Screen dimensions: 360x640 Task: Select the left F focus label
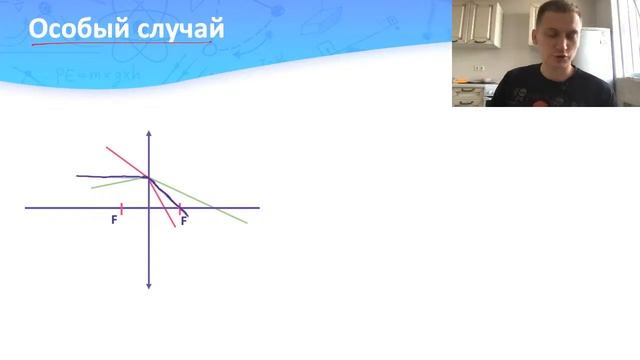[114, 220]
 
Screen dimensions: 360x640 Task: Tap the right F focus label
[184, 220]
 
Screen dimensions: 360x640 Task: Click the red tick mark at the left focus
[121, 208]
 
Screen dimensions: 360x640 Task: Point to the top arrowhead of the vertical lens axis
[148, 133]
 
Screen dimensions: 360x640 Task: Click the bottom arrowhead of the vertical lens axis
[148, 286]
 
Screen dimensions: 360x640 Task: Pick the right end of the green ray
[246, 221]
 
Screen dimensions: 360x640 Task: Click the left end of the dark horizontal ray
[78, 176]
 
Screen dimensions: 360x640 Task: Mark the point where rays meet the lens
[149, 178]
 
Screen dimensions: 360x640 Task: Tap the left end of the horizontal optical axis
[26, 208]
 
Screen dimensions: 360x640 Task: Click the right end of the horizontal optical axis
[258, 208]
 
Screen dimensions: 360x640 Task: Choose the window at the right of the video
[629, 50]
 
